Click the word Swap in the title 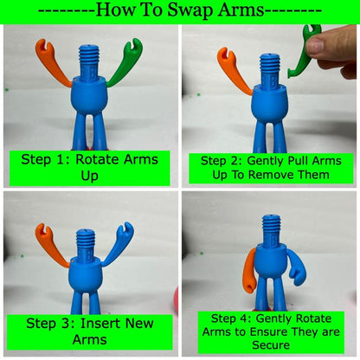(x=190, y=10)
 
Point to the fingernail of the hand (x=316, y=45)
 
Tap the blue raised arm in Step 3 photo (x=118, y=245)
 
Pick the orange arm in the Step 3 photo (x=52, y=245)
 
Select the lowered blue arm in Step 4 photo (x=297, y=267)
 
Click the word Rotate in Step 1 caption (x=97, y=159)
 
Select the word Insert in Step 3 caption (x=99, y=323)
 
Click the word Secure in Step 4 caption (x=271, y=344)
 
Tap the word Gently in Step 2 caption (x=267, y=161)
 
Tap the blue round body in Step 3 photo (x=86, y=274)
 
